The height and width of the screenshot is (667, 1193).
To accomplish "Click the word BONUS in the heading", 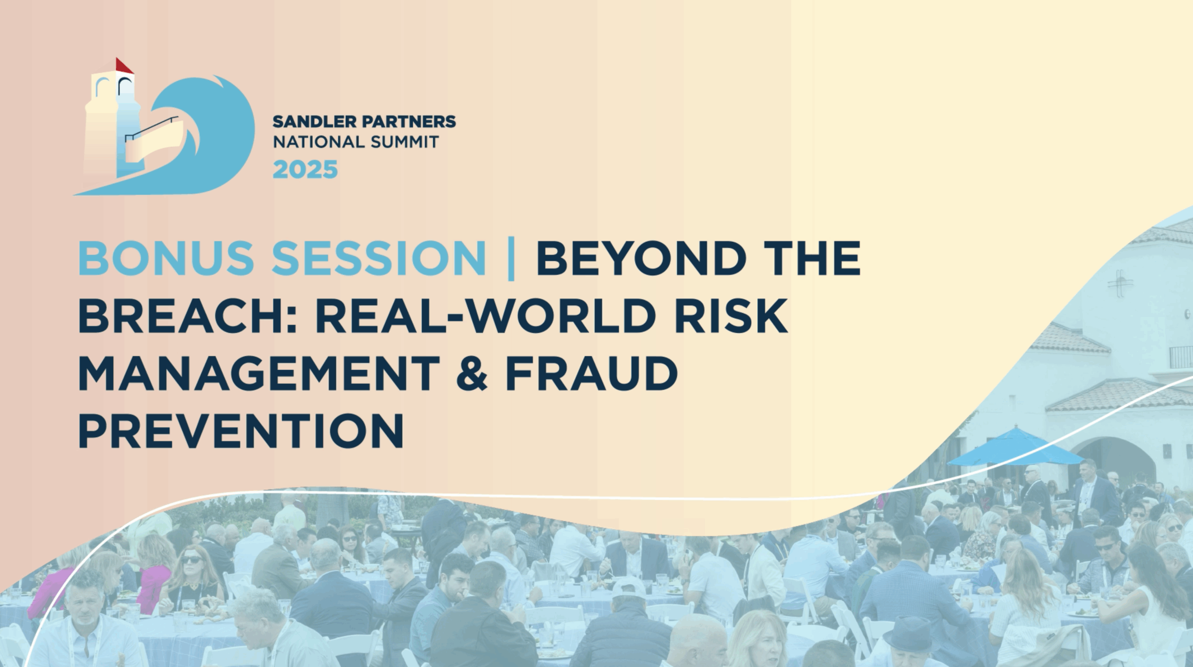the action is pos(166,259).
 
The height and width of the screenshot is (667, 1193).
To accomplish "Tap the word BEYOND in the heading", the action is pos(638,259).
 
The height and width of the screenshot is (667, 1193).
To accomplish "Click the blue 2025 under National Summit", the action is pos(305,169).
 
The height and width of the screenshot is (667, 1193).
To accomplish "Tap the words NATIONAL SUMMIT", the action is pos(356,142).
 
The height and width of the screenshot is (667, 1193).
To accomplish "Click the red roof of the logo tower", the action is pos(123,66).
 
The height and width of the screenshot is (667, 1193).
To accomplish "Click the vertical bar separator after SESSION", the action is pos(511,259).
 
